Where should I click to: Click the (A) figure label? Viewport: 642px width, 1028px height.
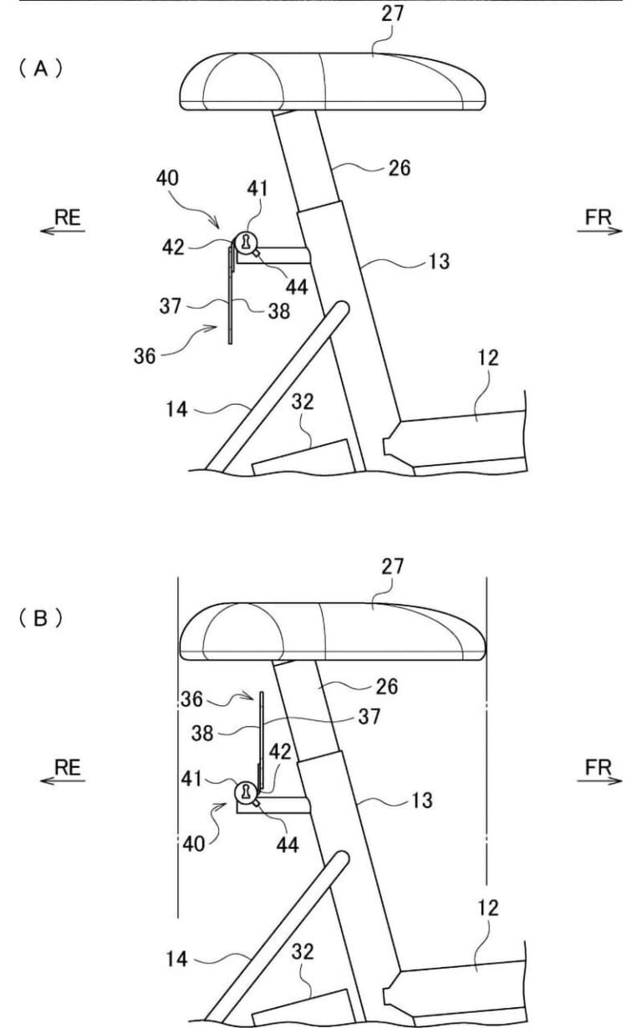[x=41, y=69]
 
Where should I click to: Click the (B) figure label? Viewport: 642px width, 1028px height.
[x=41, y=619]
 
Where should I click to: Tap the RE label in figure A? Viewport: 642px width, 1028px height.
[x=68, y=217]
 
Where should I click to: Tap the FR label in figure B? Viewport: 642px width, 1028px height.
[x=599, y=767]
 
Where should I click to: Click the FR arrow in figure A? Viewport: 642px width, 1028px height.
[x=600, y=231]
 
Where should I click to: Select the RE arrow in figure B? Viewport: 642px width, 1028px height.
[x=63, y=780]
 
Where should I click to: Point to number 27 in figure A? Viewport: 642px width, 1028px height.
[x=392, y=13]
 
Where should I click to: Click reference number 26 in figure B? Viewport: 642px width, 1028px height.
[x=387, y=687]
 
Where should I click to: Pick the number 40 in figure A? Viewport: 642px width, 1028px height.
[x=167, y=177]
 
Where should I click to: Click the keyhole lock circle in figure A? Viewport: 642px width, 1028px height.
[x=247, y=242]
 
